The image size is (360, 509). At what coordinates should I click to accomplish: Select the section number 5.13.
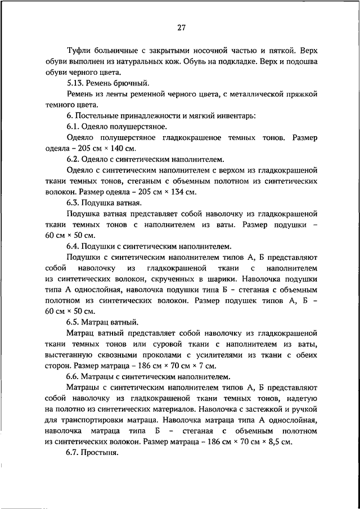click(75, 82)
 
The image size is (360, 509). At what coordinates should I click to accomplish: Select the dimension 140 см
click(123, 148)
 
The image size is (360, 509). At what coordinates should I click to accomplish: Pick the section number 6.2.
click(73, 159)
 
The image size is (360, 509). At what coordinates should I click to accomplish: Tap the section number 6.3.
click(73, 202)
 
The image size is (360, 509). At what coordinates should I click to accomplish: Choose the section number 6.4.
click(73, 246)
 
